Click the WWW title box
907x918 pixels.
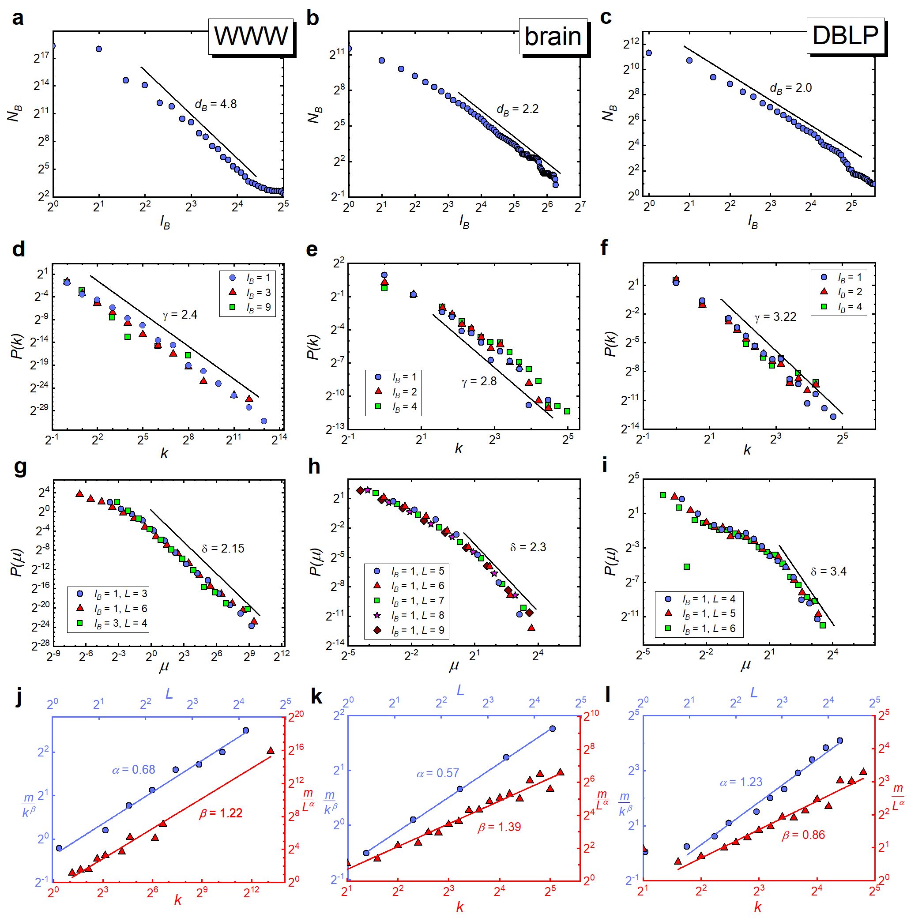251,36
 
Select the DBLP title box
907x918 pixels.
845,35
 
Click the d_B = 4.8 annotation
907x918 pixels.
215,105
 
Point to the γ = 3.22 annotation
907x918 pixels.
775,316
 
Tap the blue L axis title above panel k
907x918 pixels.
460,690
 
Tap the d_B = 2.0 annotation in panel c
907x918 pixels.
790,88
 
